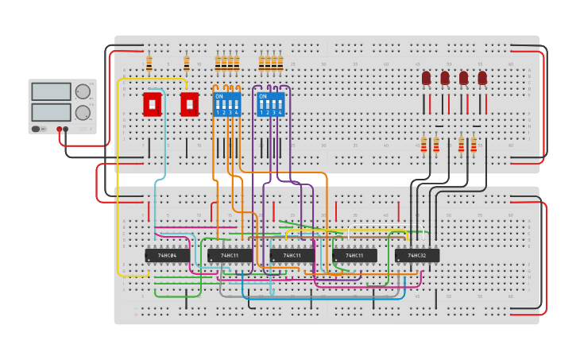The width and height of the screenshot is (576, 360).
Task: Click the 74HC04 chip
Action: pyautogui.click(x=167, y=255)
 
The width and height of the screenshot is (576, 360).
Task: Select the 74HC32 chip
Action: pyautogui.click(x=416, y=255)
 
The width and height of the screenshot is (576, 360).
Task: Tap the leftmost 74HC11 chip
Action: pyautogui.click(x=230, y=255)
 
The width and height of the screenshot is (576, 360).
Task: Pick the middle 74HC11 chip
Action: pyautogui.click(x=292, y=255)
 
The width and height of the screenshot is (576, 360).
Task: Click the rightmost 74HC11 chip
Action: pyautogui.click(x=354, y=255)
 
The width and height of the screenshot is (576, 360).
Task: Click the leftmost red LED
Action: pyautogui.click(x=426, y=78)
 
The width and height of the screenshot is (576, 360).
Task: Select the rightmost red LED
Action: pyautogui.click(x=482, y=78)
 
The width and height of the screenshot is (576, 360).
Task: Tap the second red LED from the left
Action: pyautogui.click(x=445, y=78)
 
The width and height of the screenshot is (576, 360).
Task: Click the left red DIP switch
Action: pyautogui.click(x=152, y=103)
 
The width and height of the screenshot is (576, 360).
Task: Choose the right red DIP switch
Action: pyautogui.click(x=189, y=103)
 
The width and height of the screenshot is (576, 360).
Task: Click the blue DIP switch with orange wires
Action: pyautogui.click(x=226, y=103)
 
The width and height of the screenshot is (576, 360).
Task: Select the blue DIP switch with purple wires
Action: pyautogui.click(x=270, y=103)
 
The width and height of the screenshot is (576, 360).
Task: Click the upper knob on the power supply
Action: pyautogui.click(x=83, y=91)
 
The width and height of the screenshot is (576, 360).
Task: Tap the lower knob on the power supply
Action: pyautogui.click(x=83, y=112)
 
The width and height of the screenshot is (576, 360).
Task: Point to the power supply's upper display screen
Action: pyautogui.click(x=51, y=91)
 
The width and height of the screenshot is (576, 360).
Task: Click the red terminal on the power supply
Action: pyautogui.click(x=59, y=129)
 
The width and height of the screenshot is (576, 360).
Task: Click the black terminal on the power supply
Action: pyautogui.click(x=66, y=129)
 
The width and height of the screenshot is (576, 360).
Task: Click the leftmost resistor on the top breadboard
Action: pyautogui.click(x=149, y=63)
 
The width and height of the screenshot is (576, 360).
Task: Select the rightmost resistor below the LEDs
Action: pyautogui.click(x=474, y=144)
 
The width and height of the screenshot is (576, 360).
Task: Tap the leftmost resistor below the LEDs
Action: pyautogui.click(x=423, y=144)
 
